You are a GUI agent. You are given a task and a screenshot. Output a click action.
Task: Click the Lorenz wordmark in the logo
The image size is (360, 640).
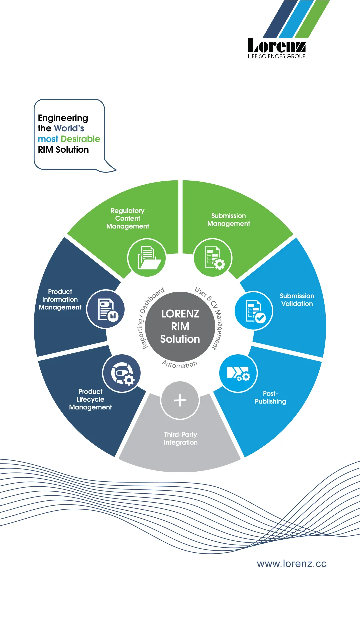[277, 45]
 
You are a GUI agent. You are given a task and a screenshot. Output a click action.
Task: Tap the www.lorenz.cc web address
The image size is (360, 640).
[291, 564]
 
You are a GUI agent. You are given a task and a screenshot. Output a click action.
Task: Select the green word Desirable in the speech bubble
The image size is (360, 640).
[81, 139]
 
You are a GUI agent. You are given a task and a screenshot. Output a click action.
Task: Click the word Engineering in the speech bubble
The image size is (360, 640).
[63, 118]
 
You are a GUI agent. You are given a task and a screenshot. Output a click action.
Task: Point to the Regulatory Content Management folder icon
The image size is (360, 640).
[147, 257]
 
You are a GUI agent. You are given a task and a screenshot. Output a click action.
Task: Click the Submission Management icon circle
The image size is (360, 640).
[213, 257]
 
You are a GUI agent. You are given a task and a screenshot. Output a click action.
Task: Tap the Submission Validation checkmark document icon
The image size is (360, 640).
[254, 311]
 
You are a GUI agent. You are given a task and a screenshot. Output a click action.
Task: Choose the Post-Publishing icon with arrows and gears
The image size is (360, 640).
[238, 373]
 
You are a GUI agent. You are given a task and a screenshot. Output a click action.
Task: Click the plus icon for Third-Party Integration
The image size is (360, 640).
[180, 400]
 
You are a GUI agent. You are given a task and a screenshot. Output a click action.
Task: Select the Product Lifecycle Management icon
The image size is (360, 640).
[122, 373]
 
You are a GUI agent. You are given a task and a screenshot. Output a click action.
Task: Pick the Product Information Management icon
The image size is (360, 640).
[106, 309]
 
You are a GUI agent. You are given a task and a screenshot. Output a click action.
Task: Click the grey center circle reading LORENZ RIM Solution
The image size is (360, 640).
[180, 326]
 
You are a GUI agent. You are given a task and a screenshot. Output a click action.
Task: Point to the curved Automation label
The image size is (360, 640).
[180, 364]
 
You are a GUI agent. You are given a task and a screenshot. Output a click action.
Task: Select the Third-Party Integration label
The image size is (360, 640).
[181, 438]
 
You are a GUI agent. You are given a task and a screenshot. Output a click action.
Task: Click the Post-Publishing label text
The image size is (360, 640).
[270, 397]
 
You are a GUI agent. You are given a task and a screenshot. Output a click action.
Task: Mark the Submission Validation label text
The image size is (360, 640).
[297, 300]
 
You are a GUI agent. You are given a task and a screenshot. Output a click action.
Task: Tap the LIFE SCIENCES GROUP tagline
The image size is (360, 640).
[276, 56]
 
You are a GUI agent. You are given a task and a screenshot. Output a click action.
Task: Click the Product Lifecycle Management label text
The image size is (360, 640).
[90, 399]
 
